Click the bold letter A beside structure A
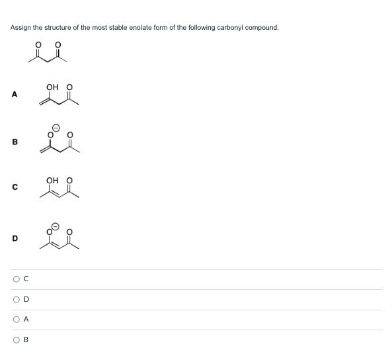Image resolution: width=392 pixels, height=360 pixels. click(x=14, y=95)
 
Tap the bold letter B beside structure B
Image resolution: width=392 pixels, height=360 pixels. click(x=14, y=142)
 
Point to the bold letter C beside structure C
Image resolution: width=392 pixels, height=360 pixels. click(x=14, y=188)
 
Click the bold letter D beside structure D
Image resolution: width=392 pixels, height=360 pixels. click(x=14, y=238)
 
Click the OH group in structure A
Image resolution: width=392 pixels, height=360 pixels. click(x=52, y=87)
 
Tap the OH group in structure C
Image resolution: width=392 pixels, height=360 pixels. click(x=52, y=180)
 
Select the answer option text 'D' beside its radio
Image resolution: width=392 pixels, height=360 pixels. click(x=26, y=299)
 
